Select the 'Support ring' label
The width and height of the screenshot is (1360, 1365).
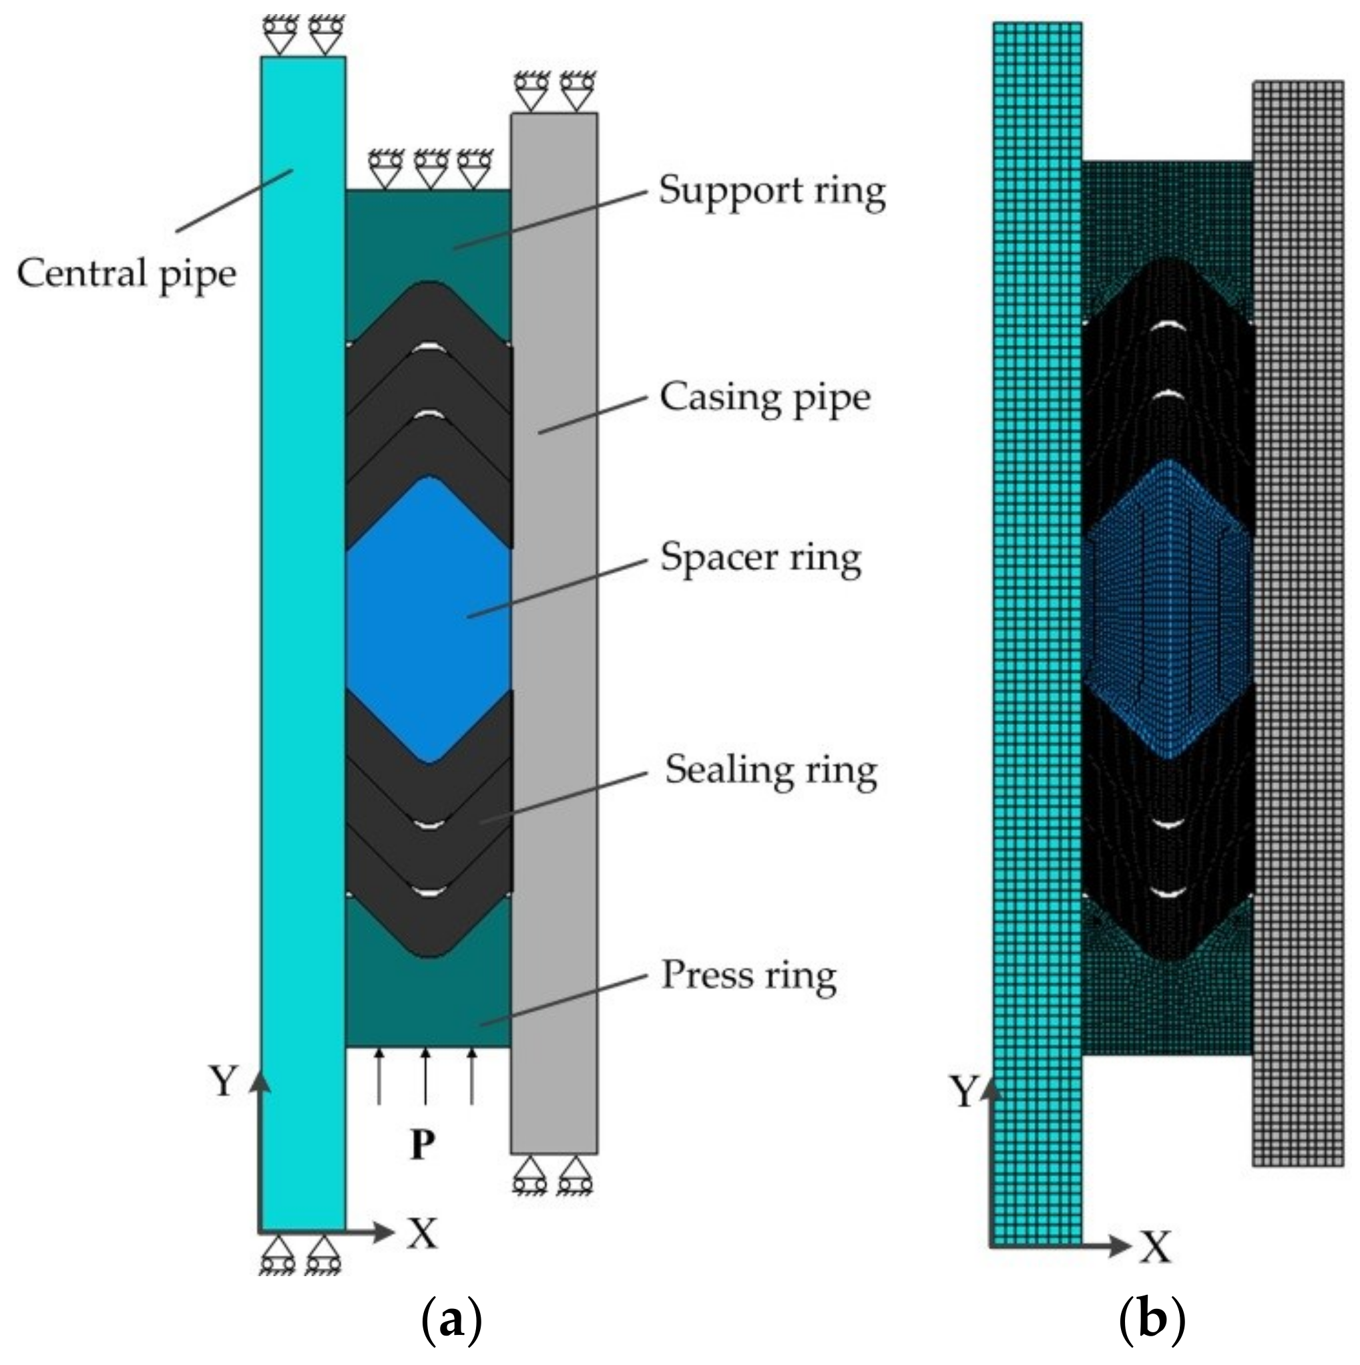coord(772,192)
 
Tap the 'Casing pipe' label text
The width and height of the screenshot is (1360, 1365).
coord(764,398)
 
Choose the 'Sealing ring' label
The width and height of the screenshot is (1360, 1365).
coord(771,771)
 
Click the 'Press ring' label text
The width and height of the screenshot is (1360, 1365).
coord(748,977)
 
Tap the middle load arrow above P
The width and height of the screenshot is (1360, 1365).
coord(425,1074)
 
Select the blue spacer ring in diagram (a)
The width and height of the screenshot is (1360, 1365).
coord(429,620)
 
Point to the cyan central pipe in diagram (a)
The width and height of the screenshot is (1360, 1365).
coord(303,643)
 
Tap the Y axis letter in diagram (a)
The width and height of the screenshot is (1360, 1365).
coord(223,1080)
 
